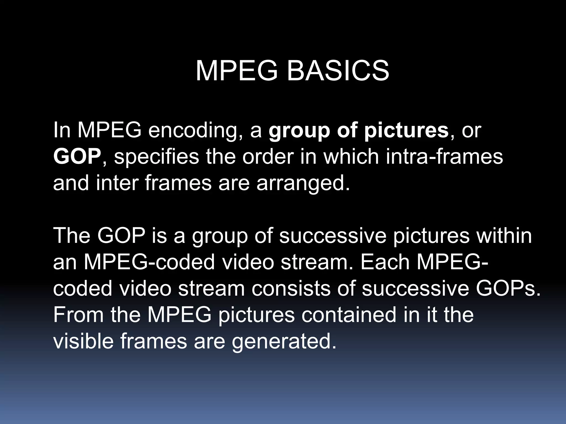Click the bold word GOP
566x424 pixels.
pos(77,156)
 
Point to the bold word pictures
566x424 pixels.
pos(406,130)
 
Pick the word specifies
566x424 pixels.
pos(156,156)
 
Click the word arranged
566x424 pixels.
pos(303,183)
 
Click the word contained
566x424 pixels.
pos(349,314)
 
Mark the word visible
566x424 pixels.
pos(83,341)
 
